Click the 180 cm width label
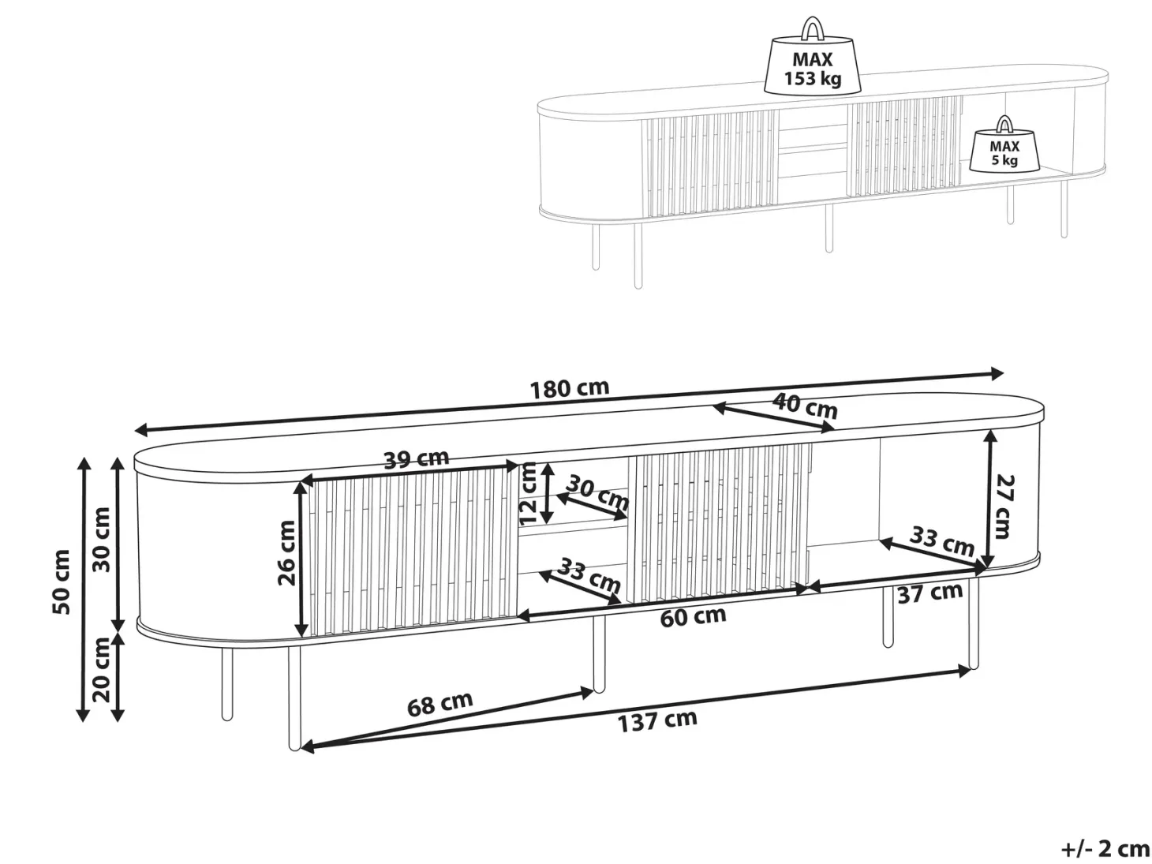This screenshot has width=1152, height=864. pos(569,389)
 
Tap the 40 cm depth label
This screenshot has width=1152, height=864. pos(805,406)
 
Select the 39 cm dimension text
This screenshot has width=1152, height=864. pos(416,459)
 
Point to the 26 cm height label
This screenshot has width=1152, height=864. pos(286,553)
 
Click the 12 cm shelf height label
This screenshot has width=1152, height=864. pos(528,494)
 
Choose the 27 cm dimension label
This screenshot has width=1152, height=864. pos(1004,507)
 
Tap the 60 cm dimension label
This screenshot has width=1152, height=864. pos(693,617)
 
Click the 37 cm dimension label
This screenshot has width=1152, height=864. pos(930,593)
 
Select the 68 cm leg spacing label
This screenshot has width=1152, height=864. pos(439,704)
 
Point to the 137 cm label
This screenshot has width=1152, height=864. pos(657,720)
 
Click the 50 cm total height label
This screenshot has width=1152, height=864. pos(61,582)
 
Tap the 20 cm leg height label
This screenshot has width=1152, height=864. pos(101,670)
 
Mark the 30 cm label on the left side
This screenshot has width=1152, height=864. pos(101,540)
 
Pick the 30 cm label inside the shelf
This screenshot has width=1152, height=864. pos(598,492)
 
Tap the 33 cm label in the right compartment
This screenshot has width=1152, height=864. pos(942,540)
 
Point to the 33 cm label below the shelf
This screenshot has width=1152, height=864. pos(589,574)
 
